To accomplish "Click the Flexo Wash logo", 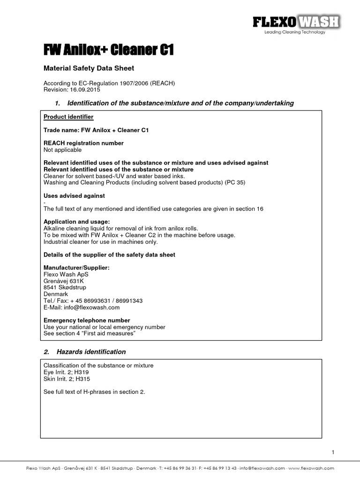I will coord(296,24).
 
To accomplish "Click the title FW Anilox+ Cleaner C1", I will coord(108,49).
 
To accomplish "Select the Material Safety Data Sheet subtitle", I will coord(89,68).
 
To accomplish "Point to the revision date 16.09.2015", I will coord(86,90).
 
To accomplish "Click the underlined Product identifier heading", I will coord(68,117).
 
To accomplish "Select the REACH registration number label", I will coord(83,143).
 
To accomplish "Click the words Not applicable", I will coord(62,150).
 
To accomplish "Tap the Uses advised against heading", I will coord(74,195).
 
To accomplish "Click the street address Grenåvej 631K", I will coord(63,281).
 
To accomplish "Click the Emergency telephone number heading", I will coord(87,320).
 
